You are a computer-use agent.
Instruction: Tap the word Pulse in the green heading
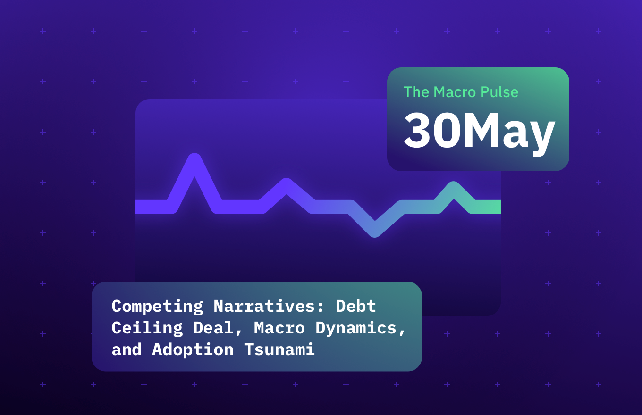[499, 92]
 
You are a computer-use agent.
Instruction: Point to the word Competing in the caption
[157, 307]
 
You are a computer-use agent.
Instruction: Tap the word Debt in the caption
[356, 307]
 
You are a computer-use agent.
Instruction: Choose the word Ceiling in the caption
[147, 328]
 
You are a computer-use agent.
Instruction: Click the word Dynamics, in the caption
[361, 328]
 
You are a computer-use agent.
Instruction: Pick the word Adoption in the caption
[193, 349]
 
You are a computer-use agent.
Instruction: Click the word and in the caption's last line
[127, 349]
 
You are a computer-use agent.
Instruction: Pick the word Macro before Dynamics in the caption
[279, 328]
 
